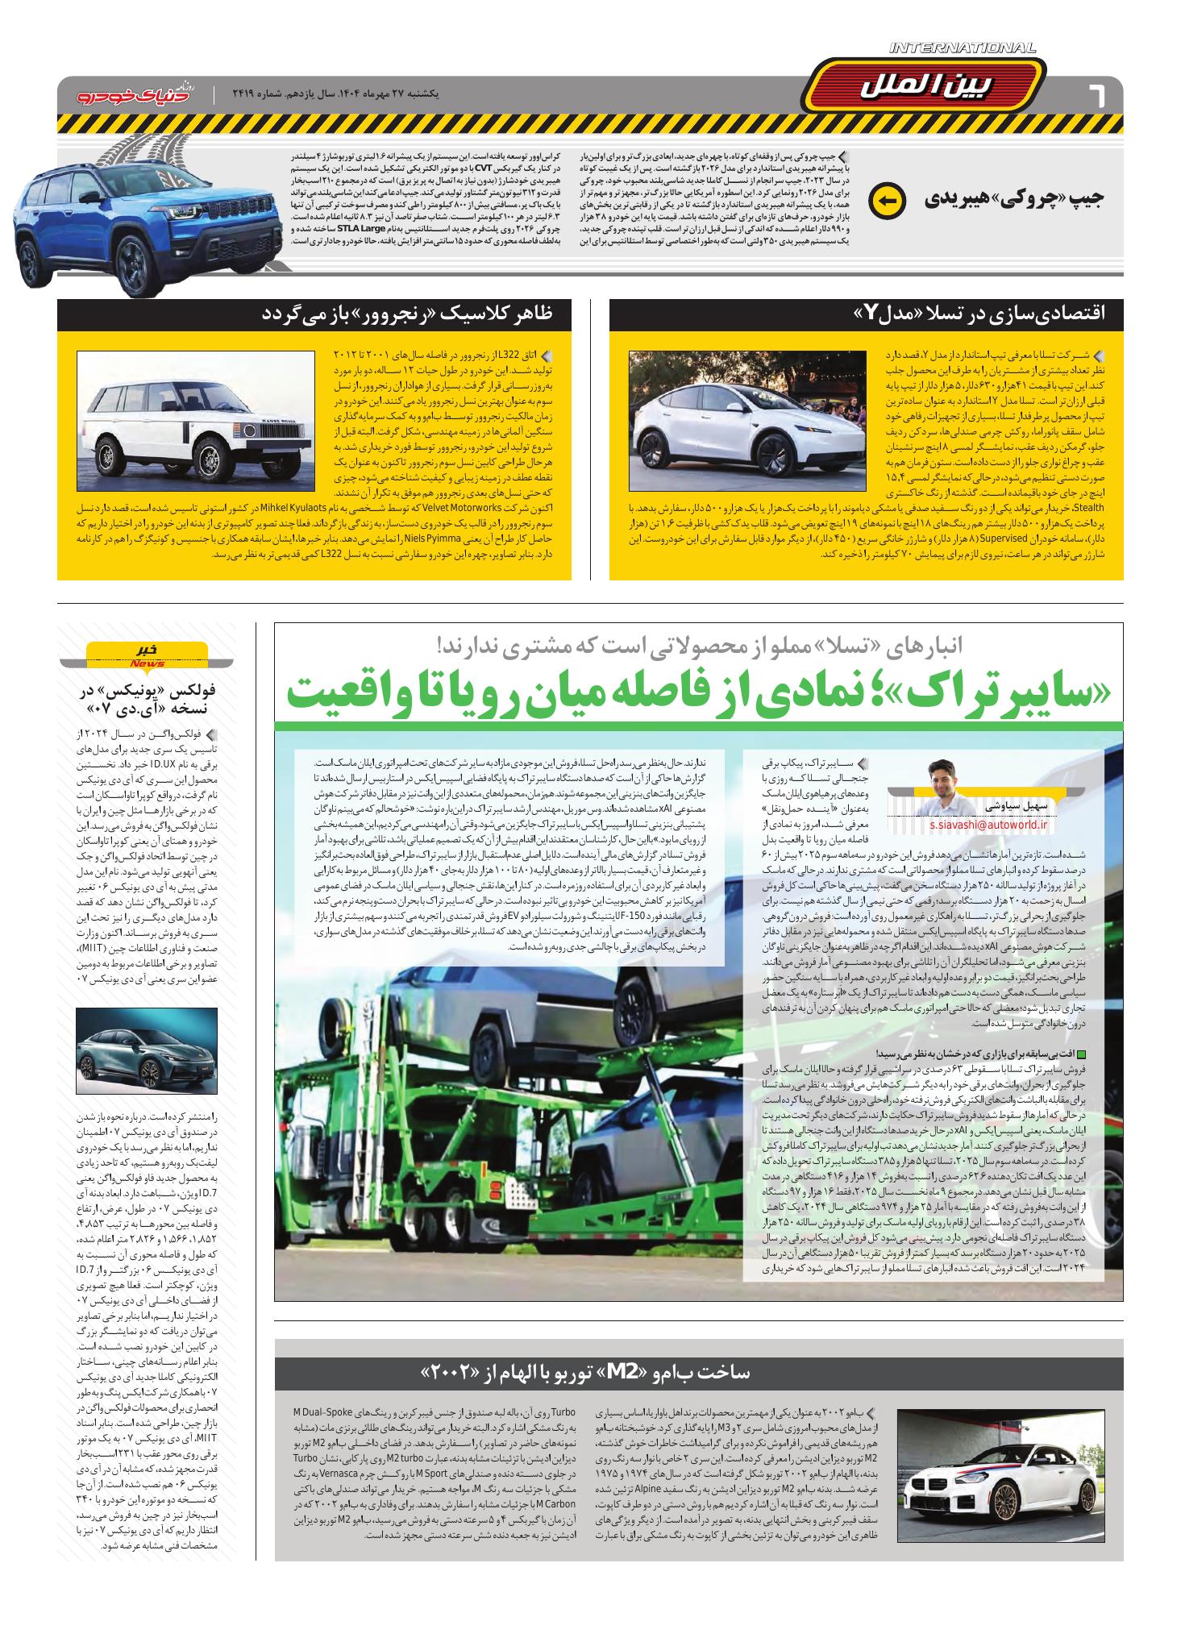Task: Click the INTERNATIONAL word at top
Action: click(x=962, y=49)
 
